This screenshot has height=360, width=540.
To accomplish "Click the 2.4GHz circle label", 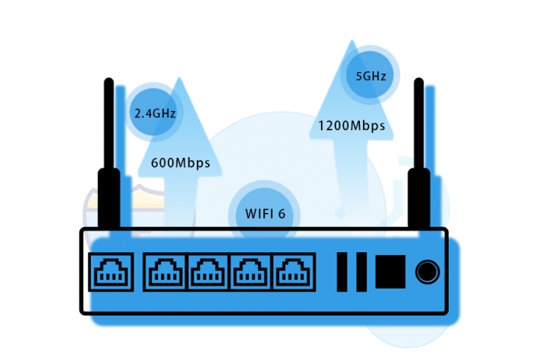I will tap(155, 113).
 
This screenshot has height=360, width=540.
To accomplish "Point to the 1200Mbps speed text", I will tap(352, 124).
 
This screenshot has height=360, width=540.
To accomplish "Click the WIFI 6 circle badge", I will tap(265, 213).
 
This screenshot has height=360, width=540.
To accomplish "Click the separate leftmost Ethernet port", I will tap(111, 271).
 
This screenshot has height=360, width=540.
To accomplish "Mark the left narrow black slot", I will tap(342, 271).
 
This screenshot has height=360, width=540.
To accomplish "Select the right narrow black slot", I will tap(360, 271).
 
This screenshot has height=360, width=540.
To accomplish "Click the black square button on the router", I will tap(390, 271).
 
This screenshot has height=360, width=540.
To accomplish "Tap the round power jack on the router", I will tap(427, 271).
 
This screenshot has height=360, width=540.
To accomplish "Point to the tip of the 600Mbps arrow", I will tap(179, 80).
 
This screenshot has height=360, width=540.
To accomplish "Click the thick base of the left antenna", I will tap(109, 199).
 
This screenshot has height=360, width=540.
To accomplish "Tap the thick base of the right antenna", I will tap(418, 199).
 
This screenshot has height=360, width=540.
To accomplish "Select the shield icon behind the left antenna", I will tap(92, 211).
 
